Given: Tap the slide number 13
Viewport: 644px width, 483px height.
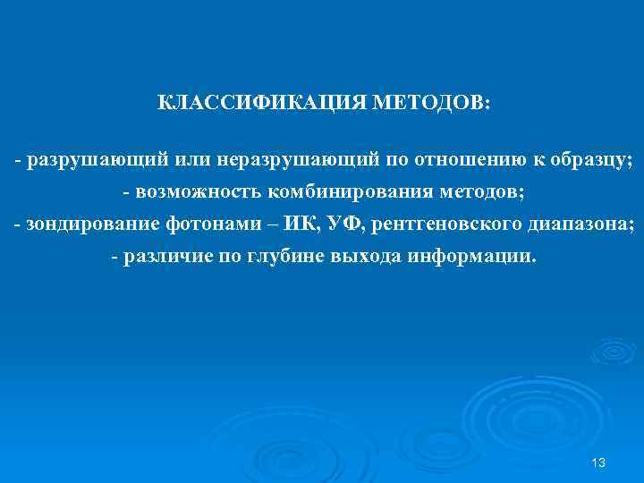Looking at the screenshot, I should coord(598,462).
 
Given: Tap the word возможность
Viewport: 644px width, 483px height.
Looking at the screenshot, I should coord(192,193).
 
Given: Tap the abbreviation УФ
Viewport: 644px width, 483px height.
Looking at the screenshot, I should coord(316,225).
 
